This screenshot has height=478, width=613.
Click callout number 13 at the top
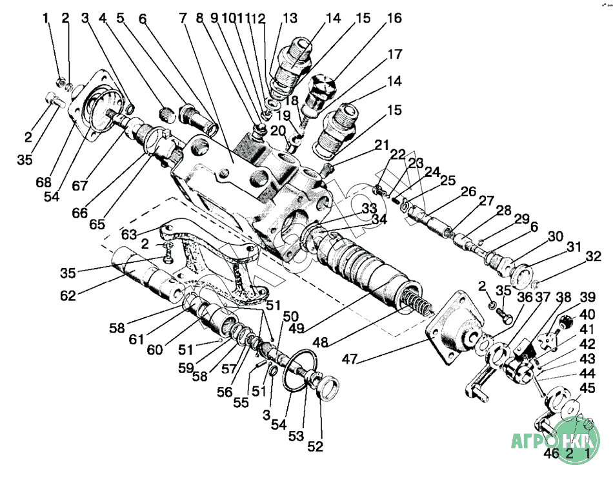click(x=290, y=18)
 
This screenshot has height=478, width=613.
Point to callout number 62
click(x=68, y=296)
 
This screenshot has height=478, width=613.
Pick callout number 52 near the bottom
click(x=316, y=446)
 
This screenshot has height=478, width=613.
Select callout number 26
click(x=468, y=191)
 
